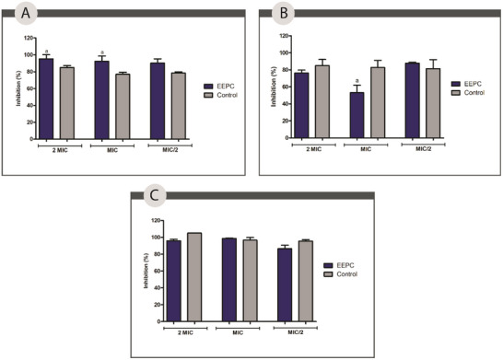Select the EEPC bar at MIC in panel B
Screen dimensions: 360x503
[357, 115]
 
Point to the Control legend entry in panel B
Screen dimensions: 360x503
[474, 94]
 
